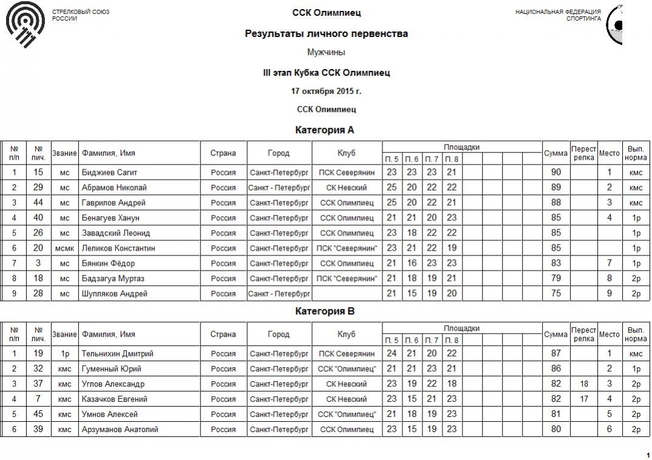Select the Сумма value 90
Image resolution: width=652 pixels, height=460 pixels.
coord(555,172)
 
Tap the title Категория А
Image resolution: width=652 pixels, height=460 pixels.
coord(325,130)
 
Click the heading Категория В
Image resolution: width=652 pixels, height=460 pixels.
coord(325,311)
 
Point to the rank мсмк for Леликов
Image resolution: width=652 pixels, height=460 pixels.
coord(65,248)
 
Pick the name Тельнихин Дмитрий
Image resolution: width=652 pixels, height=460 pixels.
coord(117,354)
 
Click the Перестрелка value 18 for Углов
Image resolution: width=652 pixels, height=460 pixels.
coord(584,384)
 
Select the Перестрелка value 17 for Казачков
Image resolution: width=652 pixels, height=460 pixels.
coord(584,399)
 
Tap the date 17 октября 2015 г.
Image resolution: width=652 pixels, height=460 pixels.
coord(326,92)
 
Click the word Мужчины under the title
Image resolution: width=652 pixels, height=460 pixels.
coord(326,52)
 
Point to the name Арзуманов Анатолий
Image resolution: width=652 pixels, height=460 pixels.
coord(120,430)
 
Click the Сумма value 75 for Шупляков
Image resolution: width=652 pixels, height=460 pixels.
coord(555,294)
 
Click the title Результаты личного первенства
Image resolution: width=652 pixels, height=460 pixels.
coord(326,34)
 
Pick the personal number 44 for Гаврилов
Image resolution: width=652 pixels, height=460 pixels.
coord(38,203)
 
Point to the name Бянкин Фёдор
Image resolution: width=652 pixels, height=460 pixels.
coord(108,263)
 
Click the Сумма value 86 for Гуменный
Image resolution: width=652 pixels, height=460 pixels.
coord(555,369)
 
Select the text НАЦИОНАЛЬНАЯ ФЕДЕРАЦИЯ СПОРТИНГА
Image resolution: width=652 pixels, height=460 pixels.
coord(558,15)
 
